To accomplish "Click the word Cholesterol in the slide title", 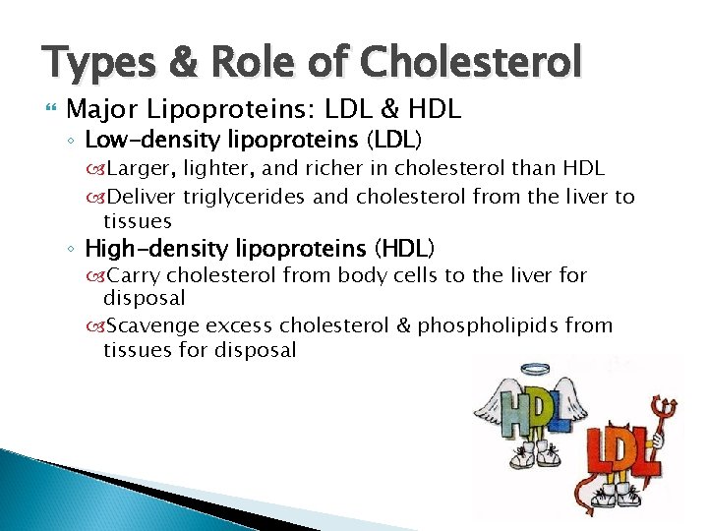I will tap(472, 62).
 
